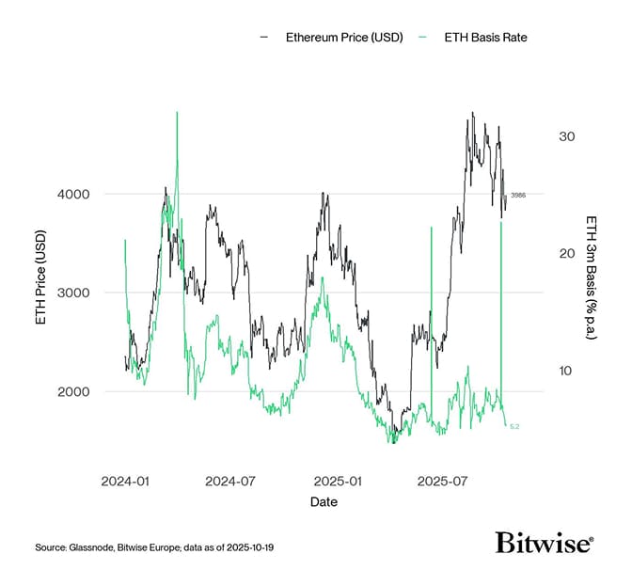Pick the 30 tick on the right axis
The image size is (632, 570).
565,136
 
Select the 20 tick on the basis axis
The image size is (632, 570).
565,254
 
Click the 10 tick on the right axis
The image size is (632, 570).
565,371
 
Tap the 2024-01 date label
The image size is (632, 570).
125,481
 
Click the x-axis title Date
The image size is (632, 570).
324,502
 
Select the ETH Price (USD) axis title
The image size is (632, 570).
40,293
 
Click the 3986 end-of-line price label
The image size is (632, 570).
518,196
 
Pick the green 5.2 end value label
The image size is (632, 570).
514,427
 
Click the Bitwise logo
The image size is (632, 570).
545,543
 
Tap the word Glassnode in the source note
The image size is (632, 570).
91,546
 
